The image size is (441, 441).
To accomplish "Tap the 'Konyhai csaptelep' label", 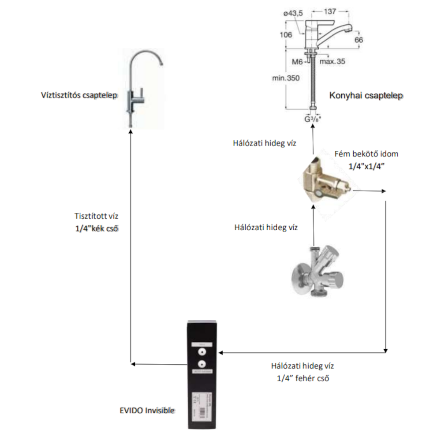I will tap(366, 95).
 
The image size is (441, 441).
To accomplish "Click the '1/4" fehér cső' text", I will tap(302, 378).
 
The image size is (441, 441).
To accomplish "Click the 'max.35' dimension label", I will tap(333, 61).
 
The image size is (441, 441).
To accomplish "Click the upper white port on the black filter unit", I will tap(202, 351).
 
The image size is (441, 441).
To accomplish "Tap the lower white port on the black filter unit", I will tap(202, 364).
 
